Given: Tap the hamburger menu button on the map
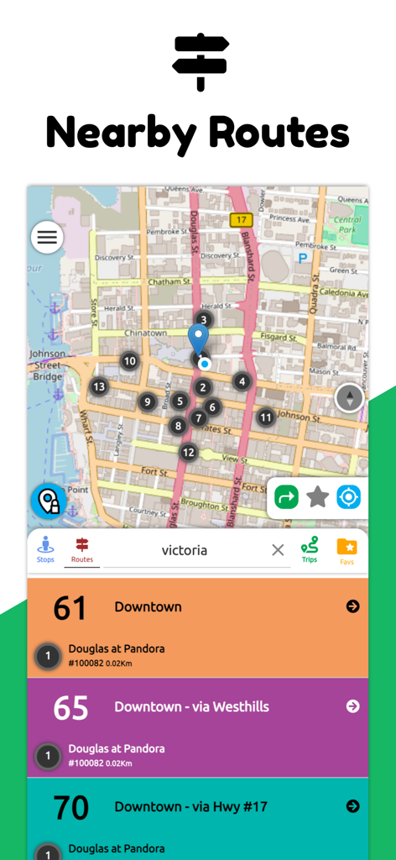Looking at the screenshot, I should click(x=47, y=238).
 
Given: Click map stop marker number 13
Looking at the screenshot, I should click(x=100, y=387).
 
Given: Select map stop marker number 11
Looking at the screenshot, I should click(x=266, y=417).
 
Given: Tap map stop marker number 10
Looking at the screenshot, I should click(x=129, y=362).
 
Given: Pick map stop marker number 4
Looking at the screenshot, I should click(x=242, y=381).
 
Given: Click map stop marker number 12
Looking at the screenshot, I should click(x=189, y=453).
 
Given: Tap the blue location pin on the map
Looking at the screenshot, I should click(x=198, y=338).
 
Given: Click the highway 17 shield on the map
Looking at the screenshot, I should click(x=242, y=220).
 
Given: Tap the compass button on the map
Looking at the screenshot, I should click(x=350, y=398).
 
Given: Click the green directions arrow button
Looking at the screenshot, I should click(x=287, y=498).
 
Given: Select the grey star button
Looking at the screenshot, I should click(x=317, y=498).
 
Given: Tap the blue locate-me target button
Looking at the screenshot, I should click(x=348, y=498).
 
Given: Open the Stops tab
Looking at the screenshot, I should click(x=45, y=549).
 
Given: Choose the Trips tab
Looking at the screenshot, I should click(x=310, y=549).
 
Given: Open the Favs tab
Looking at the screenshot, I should click(x=346, y=549).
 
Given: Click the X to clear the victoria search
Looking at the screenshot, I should click(x=278, y=550).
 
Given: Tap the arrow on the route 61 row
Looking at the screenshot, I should click(x=352, y=606).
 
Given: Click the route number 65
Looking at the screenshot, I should click(x=70, y=708).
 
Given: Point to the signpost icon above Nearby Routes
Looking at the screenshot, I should click(x=200, y=60).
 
